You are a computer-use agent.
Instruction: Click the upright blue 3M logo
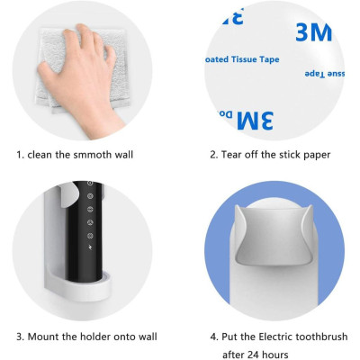click(313, 32)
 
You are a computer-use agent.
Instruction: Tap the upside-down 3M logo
click(256, 120)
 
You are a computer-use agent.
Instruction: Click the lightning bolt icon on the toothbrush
click(90, 247)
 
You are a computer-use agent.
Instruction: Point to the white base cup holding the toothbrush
click(79, 285)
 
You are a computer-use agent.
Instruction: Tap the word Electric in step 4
click(275, 337)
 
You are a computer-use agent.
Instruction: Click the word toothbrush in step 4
click(322, 337)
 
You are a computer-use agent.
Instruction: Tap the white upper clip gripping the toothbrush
click(68, 196)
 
